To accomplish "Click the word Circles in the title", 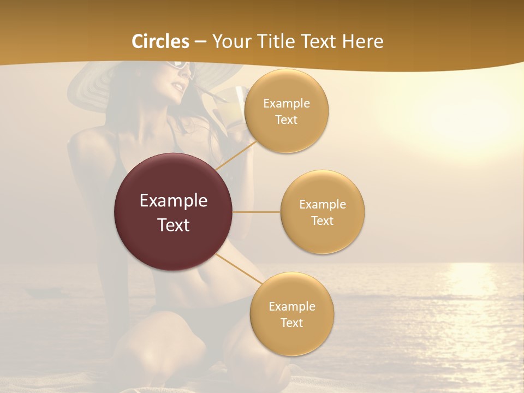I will (160, 41).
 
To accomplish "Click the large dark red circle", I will (174, 212).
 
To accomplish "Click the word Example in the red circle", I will (174, 200).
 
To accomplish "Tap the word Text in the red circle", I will (174, 224).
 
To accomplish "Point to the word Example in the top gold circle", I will (286, 103).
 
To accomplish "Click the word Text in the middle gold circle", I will (322, 221).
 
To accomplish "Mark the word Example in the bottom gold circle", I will (291, 306).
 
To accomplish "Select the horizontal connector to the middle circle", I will (257, 212).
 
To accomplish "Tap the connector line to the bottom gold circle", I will (239, 270).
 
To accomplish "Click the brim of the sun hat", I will (93, 87).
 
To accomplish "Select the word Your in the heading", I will (230, 41).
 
